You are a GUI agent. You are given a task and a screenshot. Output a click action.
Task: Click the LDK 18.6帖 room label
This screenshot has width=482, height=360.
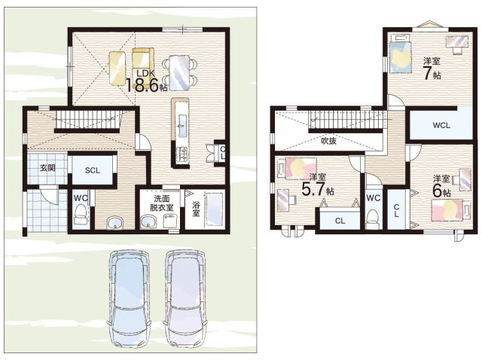147,81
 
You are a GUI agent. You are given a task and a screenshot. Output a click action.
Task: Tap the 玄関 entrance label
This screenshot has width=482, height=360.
47,168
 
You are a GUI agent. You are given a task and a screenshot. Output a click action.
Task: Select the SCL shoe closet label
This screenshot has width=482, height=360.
93,170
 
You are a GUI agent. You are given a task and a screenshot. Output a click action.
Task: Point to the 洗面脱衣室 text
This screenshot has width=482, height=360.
162,203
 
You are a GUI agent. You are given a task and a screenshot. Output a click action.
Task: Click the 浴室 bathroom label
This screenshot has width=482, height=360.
196,209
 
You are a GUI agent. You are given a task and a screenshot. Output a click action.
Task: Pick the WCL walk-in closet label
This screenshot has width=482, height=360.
441,125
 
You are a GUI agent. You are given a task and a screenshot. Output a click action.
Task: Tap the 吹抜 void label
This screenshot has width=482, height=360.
328,141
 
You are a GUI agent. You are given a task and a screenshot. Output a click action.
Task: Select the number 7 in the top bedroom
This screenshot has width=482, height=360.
428,73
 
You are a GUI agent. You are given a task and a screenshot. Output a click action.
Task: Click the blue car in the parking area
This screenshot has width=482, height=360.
129,299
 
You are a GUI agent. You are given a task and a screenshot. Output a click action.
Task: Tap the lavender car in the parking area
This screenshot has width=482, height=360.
185,299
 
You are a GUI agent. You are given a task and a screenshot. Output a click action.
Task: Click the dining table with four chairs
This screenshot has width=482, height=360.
179,73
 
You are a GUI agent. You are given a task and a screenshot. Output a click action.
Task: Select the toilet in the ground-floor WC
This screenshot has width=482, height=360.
81,215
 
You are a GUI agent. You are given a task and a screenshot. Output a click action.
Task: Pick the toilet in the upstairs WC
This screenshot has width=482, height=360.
373,218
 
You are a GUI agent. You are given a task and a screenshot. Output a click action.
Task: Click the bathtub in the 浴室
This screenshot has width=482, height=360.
214,210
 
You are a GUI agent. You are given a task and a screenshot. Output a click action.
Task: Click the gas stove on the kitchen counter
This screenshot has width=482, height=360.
182,154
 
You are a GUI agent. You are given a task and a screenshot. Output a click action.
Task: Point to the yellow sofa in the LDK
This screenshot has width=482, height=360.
143,58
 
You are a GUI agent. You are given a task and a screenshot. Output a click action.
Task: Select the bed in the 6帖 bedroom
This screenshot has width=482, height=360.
450,210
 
